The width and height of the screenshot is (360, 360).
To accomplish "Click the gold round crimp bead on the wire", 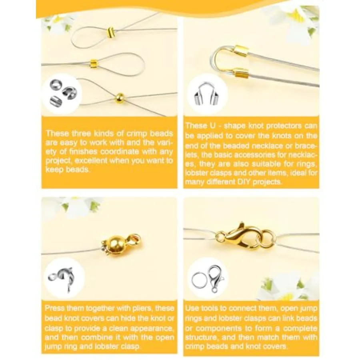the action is click(120, 98).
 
